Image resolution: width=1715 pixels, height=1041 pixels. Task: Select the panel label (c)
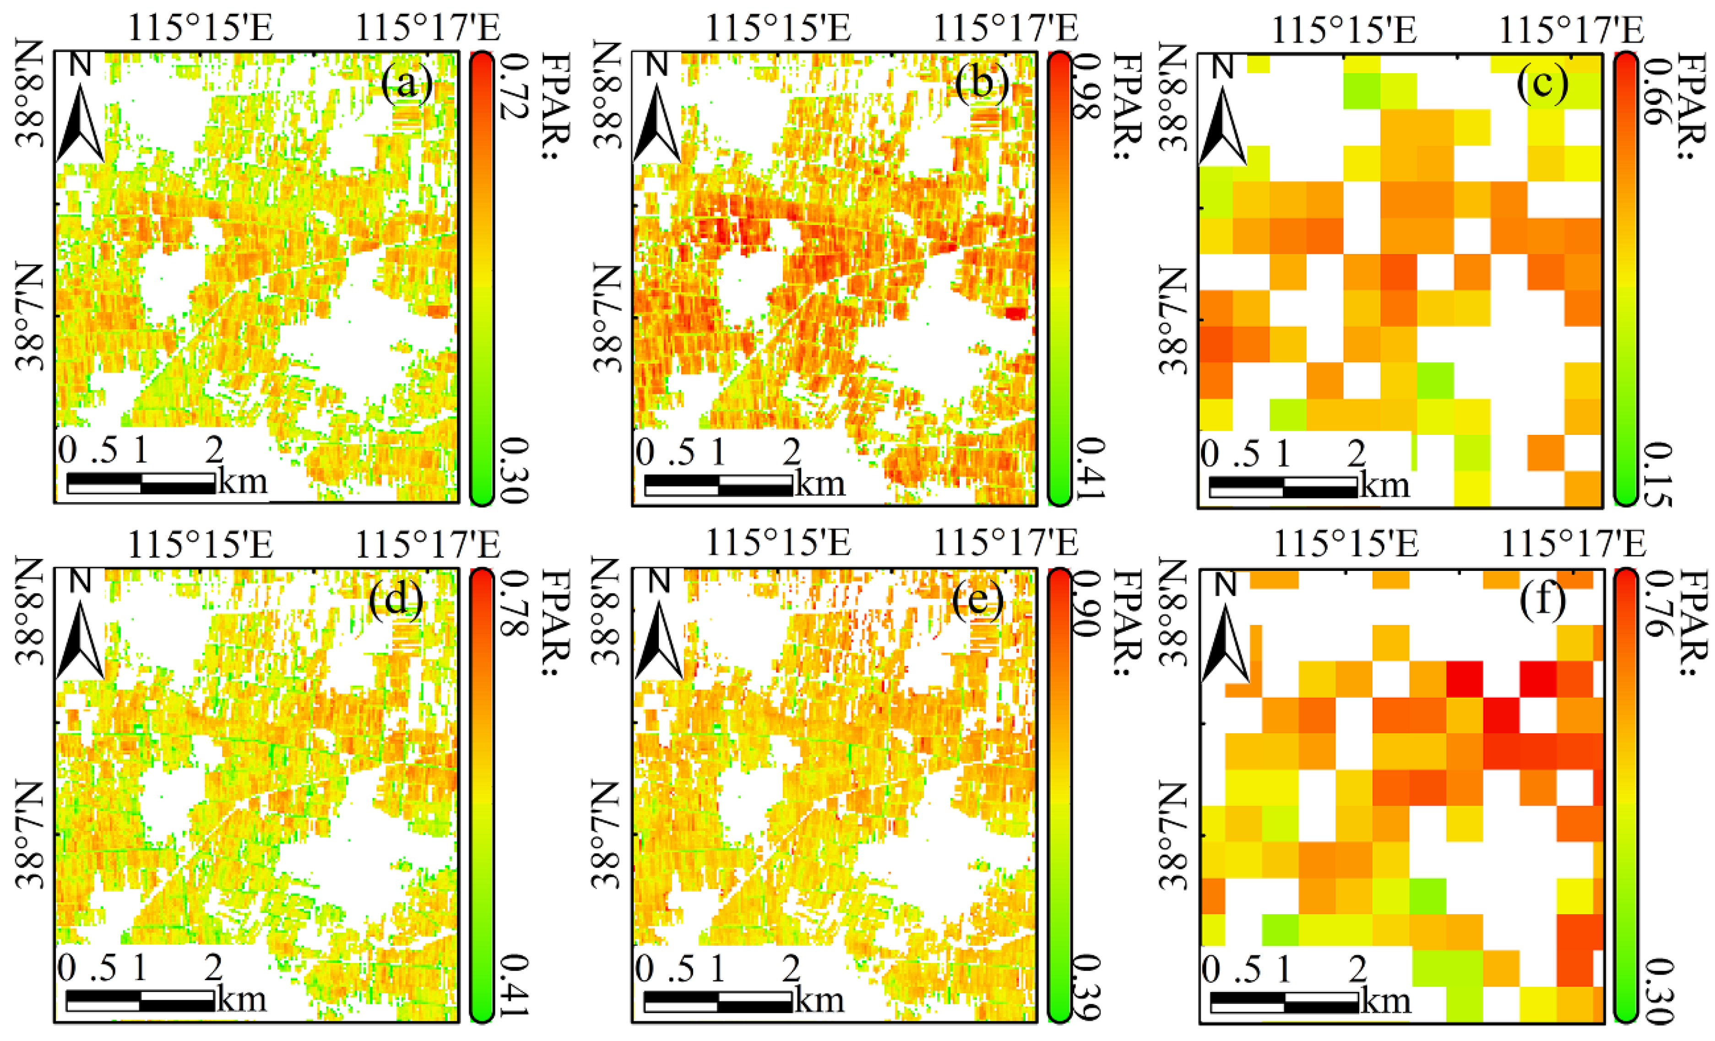(1542, 83)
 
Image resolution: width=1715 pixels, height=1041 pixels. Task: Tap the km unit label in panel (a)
(242, 482)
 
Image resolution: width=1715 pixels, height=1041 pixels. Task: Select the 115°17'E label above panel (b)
(1004, 29)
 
